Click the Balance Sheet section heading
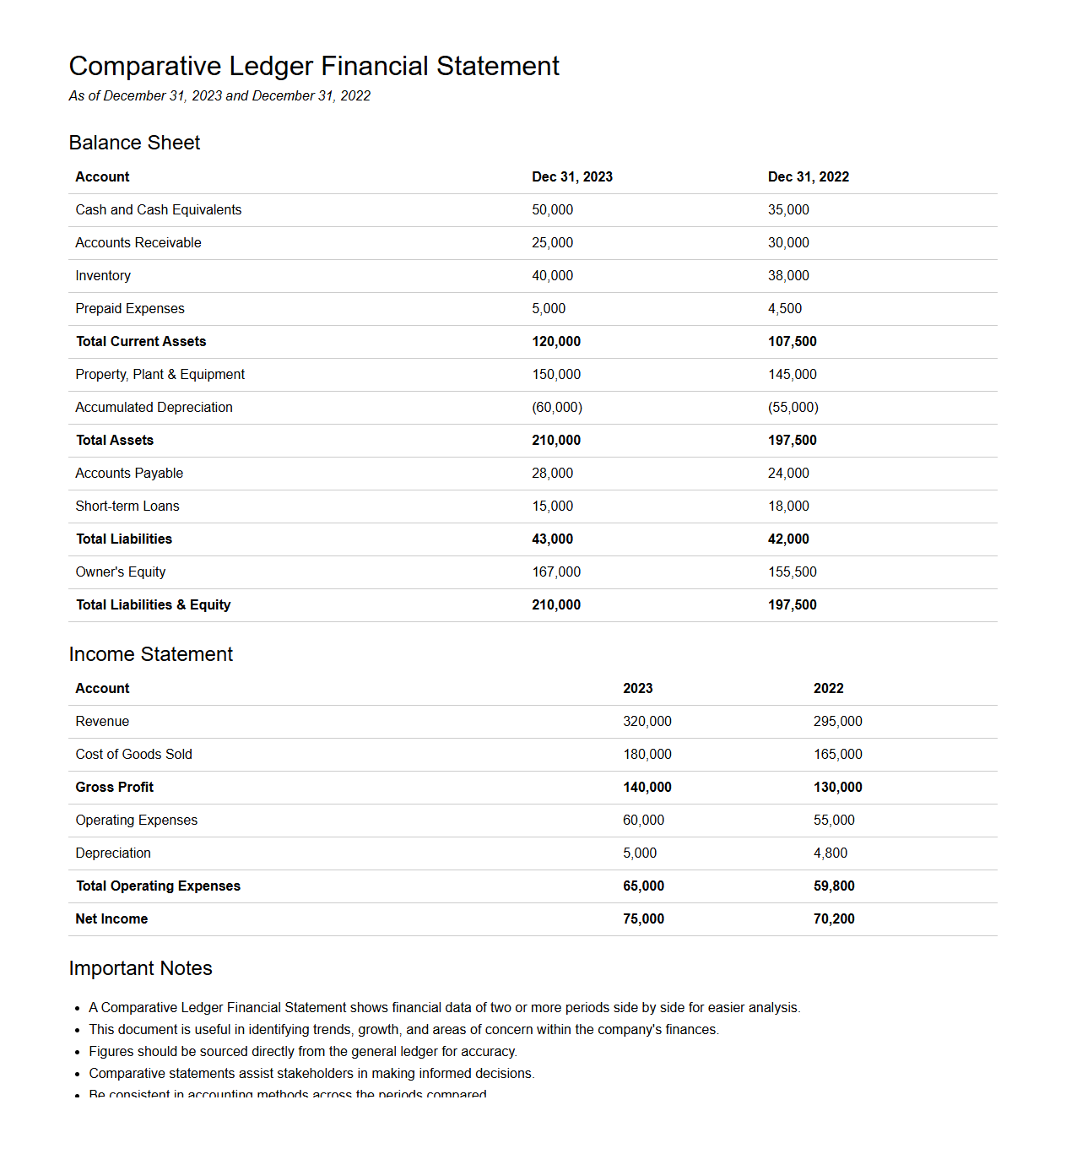pos(134,143)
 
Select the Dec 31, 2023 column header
pos(571,176)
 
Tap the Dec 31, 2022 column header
pos(808,176)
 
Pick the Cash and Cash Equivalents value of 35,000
pos(787,209)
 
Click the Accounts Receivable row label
pos(138,242)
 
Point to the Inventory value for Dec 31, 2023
pos(552,275)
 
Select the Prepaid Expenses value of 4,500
pos(784,308)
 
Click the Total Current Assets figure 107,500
pos(792,341)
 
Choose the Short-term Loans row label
pos(127,506)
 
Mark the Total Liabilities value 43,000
pos(552,539)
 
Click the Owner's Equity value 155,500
pos(792,572)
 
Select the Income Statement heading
pos(150,654)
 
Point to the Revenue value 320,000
pos(647,721)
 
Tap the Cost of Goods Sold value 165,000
pos(837,754)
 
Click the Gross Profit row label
pos(115,787)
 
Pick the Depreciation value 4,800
pos(830,853)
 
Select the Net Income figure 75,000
pos(643,918)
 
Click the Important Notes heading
pos(140,968)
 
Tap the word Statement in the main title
pos(498,66)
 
